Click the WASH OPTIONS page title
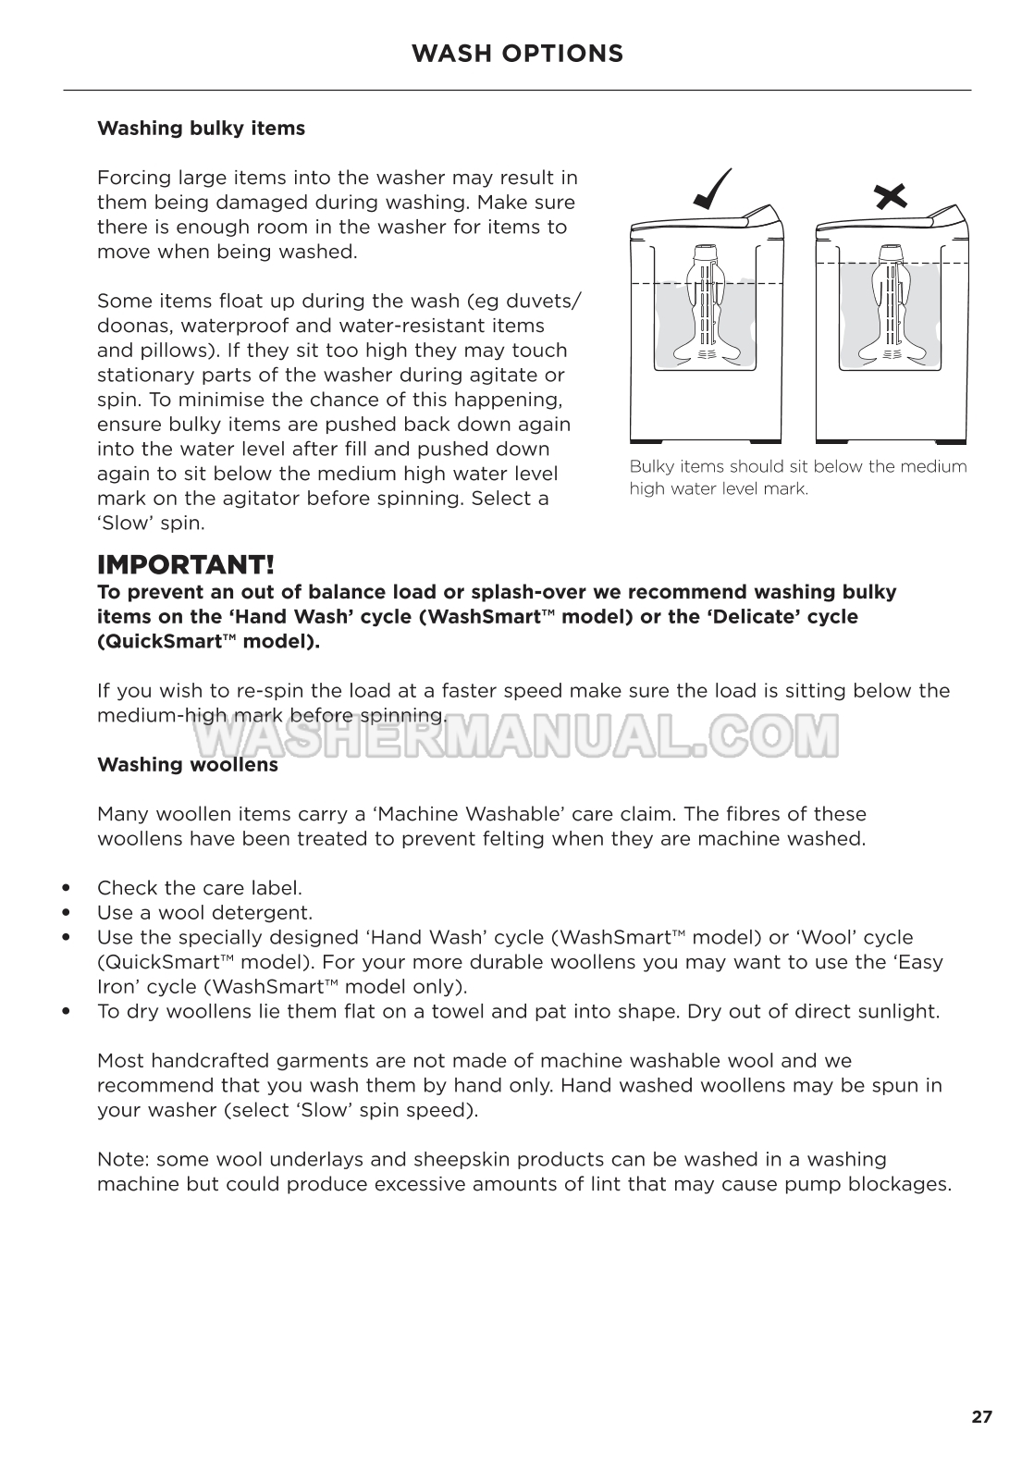517,54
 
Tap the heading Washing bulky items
201,129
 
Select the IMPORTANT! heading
186,564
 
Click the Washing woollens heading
188,765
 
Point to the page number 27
981,1417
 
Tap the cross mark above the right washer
890,195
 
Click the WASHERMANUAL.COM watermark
516,735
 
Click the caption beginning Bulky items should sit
797,477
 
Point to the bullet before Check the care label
66,889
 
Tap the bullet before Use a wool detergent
66,914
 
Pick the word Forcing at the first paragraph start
134,178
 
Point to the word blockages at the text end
899,1185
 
